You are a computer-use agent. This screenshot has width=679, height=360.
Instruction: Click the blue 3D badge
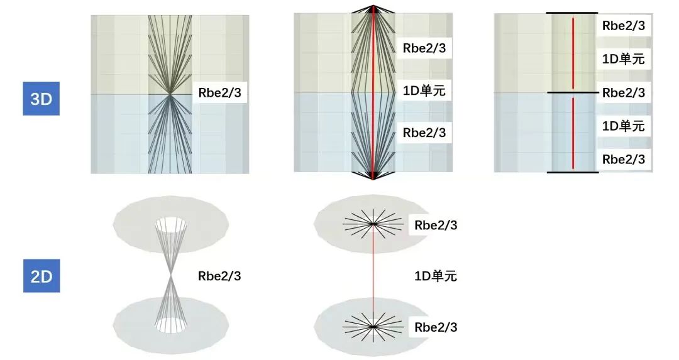(x=41, y=99)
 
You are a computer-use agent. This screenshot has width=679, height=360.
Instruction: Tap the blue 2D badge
(x=41, y=276)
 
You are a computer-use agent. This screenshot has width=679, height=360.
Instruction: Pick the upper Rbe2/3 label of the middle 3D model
(x=424, y=48)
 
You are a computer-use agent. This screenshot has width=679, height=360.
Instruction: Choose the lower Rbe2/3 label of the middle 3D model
(x=424, y=133)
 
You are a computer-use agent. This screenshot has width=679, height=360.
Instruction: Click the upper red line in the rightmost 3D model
(x=573, y=53)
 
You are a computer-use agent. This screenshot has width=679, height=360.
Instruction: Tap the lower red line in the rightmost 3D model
(x=573, y=133)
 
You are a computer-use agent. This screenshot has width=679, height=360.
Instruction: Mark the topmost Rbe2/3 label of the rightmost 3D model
(x=623, y=26)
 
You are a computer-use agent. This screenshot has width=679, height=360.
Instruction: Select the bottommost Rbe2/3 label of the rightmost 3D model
(x=623, y=160)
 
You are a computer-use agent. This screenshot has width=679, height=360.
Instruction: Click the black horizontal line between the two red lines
(x=572, y=93)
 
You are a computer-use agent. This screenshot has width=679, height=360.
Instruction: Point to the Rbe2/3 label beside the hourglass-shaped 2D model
(x=219, y=275)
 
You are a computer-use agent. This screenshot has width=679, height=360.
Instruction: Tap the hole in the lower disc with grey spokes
(x=171, y=325)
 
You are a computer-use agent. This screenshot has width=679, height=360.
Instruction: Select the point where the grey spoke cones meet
(x=171, y=275)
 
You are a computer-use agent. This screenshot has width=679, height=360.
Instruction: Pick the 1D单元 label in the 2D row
(x=435, y=275)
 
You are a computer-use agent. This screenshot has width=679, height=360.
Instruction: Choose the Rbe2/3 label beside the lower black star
(x=436, y=327)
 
